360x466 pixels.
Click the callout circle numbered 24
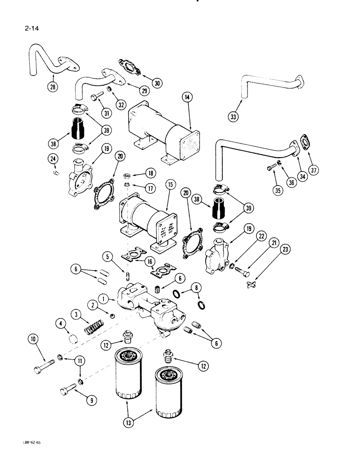coord(53,159)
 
